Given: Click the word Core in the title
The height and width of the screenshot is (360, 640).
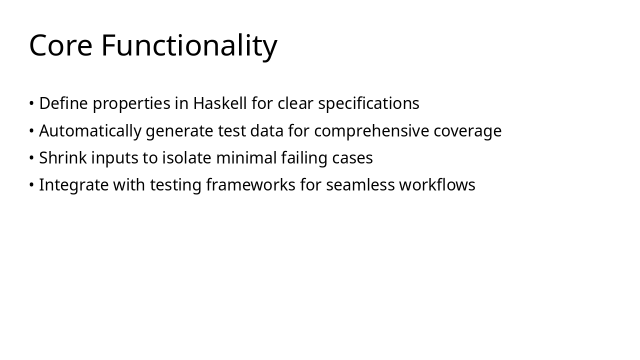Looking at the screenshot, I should click(60, 45).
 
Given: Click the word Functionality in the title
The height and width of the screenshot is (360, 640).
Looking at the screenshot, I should click(189, 45).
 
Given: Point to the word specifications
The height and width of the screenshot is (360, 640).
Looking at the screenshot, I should click(368, 103).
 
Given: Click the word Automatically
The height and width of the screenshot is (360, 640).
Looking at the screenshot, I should click(90, 131).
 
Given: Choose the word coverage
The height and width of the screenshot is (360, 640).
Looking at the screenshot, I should click(467, 131).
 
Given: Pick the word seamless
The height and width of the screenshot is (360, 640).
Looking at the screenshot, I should click(360, 185).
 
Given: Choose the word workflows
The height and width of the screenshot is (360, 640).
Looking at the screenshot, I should click(437, 185).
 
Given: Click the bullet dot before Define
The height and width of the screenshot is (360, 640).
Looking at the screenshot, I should click(31, 103).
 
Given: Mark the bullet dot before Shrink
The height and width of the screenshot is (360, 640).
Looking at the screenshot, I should click(31, 158).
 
